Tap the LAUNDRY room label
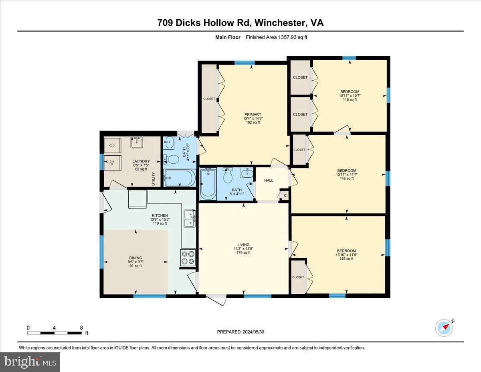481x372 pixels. coord(141,161)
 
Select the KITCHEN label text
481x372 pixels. coord(160,215)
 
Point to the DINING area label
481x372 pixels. coord(135,258)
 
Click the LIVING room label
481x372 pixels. coord(243,245)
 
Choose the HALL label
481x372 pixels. coord(269,181)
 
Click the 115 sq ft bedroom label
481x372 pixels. coord(349,91)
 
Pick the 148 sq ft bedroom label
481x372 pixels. coord(347,171)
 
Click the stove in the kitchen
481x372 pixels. coord(188,258)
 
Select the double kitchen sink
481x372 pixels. coord(190,218)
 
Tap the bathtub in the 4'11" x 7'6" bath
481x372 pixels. coord(180,178)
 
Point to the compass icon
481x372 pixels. coord(444,327)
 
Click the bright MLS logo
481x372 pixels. coord(30,362)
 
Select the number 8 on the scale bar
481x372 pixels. coord(81,328)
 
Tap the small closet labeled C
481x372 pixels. coord(285,195)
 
